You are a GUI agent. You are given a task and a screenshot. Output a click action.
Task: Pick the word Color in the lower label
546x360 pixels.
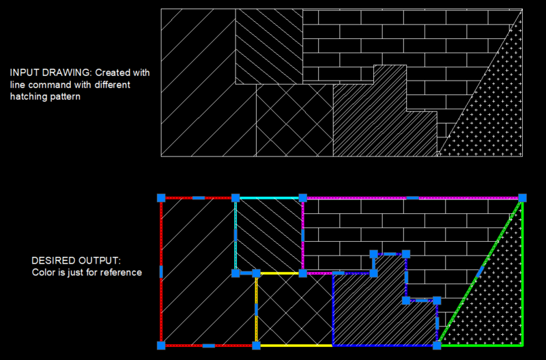(44, 273)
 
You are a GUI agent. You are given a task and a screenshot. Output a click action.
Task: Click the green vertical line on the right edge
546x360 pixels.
(522, 287)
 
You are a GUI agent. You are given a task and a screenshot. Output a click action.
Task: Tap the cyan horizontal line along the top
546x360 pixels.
(270, 197)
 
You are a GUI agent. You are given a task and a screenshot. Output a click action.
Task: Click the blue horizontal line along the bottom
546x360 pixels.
(382, 345)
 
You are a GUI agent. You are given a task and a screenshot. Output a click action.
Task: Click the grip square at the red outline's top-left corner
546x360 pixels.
(161, 197)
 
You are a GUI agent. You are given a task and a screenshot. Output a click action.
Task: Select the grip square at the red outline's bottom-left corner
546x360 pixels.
(161, 346)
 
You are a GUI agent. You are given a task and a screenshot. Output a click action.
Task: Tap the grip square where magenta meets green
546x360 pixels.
(522, 197)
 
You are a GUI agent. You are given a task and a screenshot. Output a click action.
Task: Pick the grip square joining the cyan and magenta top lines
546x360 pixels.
(302, 197)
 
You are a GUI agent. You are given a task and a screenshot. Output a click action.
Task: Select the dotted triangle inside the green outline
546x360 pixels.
(498, 301)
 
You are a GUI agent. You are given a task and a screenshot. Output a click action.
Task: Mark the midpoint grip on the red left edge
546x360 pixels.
(161, 272)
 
